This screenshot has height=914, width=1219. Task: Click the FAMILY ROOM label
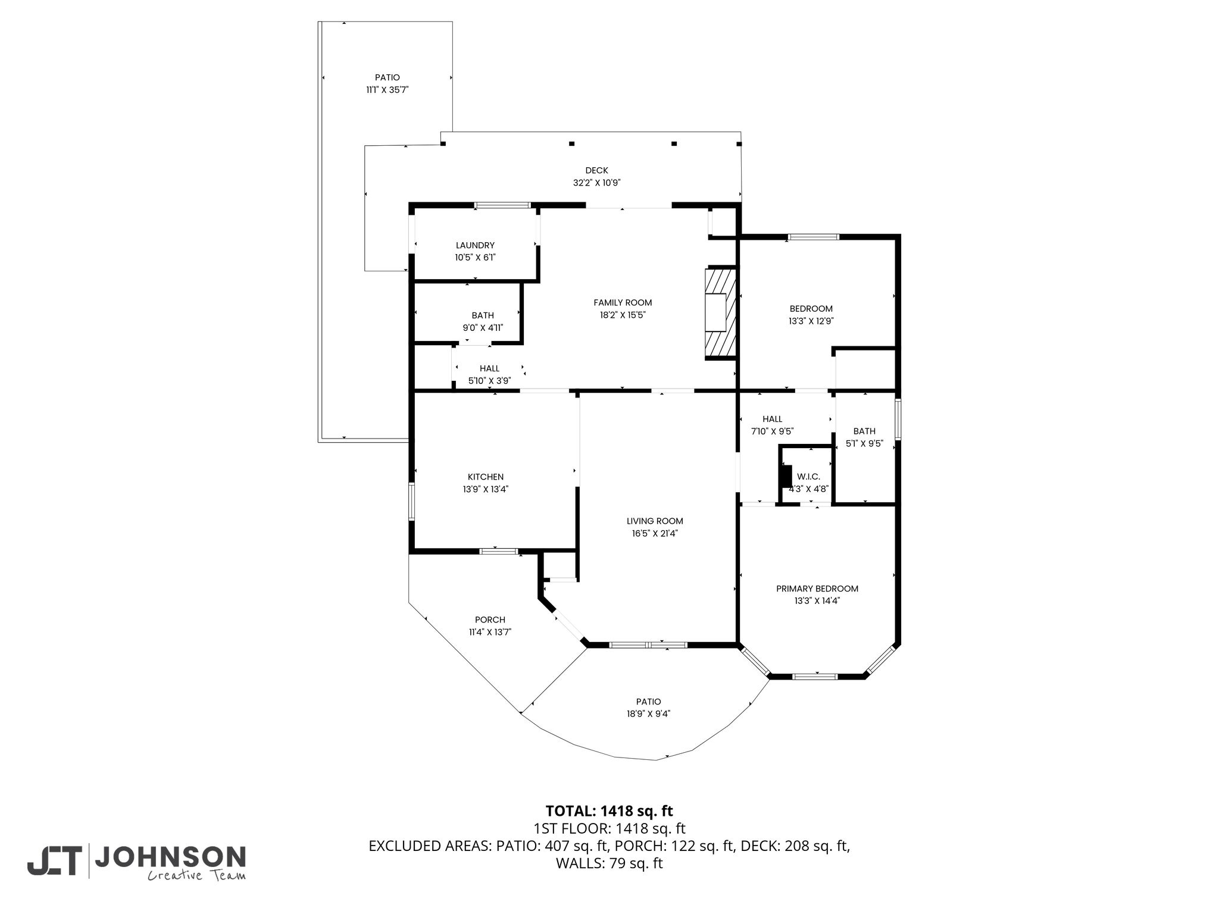click(623, 302)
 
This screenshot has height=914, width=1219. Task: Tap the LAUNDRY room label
click(475, 245)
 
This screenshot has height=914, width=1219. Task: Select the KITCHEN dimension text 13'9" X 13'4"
click(486, 489)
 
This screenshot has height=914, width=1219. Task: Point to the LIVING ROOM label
click(655, 521)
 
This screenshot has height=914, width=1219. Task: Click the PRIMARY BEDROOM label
click(817, 589)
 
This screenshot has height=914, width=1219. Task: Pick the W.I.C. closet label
click(809, 477)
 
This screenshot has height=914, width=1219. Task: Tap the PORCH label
click(490, 619)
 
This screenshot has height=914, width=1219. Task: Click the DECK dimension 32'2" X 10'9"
click(597, 183)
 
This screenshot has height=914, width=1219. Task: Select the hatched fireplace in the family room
click(721, 312)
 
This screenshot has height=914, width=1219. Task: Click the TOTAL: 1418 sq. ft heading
click(609, 810)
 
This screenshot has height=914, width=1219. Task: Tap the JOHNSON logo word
click(170, 858)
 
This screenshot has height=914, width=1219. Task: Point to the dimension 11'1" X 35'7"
click(387, 90)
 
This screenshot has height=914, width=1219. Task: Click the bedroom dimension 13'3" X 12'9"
click(811, 321)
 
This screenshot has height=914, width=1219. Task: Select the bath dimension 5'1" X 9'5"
click(864, 443)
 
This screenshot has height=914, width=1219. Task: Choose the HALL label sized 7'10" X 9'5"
click(773, 419)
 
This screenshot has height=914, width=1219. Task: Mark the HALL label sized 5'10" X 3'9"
click(490, 368)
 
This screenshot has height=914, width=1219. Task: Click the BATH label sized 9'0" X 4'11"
click(483, 315)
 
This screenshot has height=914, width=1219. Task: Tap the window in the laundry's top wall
click(502, 206)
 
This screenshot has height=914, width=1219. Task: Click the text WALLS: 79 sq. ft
click(609, 863)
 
